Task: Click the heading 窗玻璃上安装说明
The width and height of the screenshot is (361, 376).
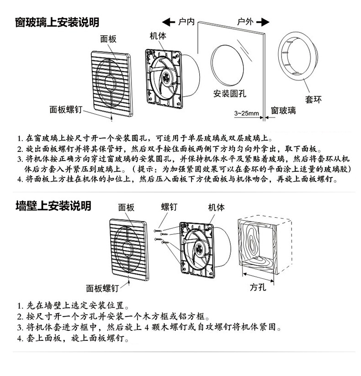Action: click(x=57, y=22)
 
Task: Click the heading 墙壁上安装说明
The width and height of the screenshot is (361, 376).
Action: click(x=53, y=206)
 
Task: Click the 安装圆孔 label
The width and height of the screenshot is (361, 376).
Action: click(x=230, y=94)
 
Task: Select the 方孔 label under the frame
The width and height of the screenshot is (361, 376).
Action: click(x=258, y=287)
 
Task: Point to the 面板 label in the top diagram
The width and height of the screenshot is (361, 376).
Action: click(x=108, y=39)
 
